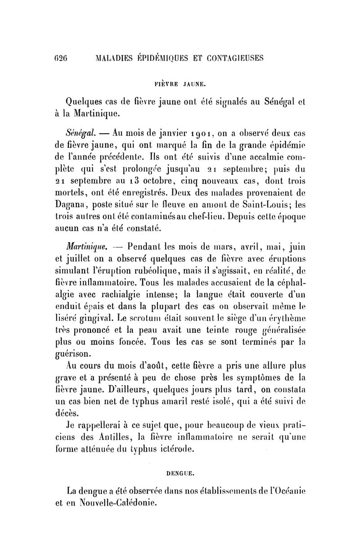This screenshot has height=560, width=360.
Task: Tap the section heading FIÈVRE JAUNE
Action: point(180,83)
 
